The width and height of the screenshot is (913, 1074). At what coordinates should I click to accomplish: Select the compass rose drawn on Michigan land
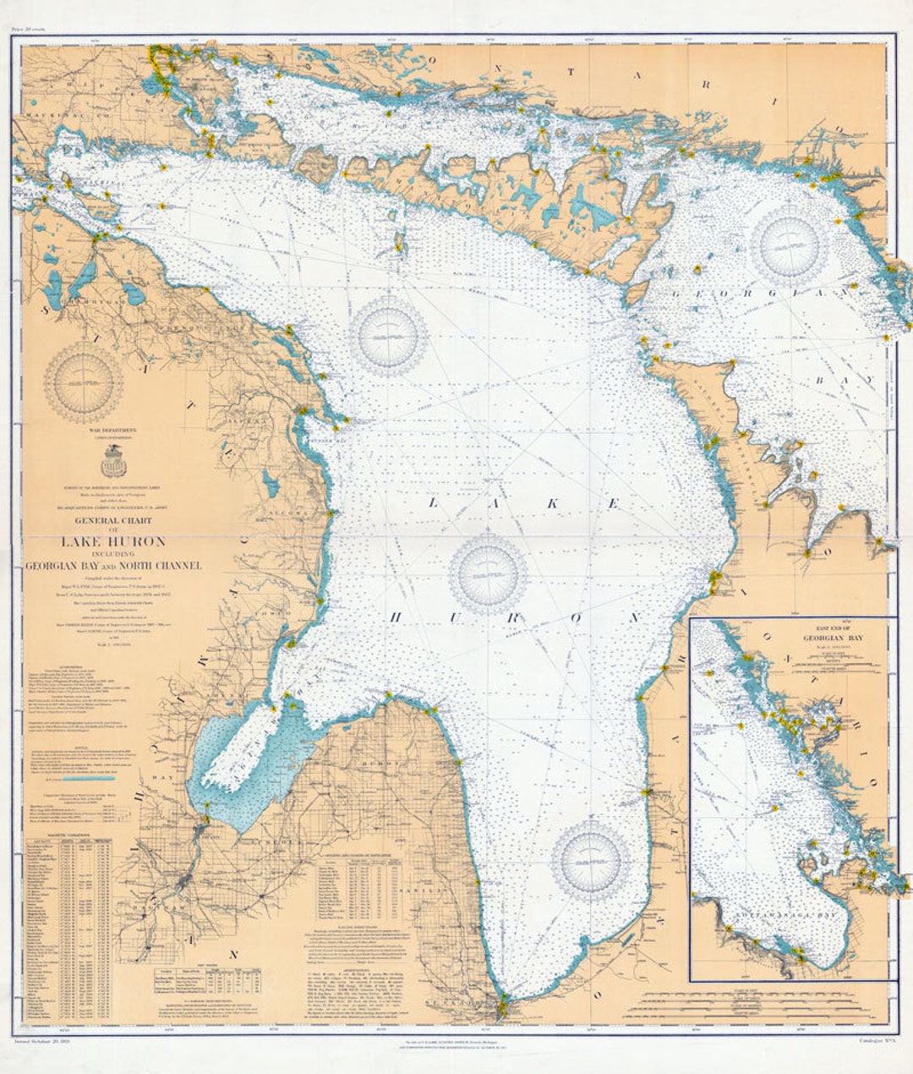(x=83, y=382)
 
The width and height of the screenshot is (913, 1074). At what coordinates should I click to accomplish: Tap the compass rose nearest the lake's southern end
(x=591, y=859)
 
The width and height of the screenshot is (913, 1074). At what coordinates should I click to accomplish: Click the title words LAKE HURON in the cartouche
(x=112, y=541)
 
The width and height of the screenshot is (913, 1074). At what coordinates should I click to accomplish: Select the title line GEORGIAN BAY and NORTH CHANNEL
(x=112, y=566)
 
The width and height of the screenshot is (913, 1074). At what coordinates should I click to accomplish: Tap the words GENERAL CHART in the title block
(x=113, y=521)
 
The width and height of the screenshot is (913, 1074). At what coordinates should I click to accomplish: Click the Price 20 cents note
(x=28, y=30)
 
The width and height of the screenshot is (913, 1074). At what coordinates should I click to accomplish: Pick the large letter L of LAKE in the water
(x=435, y=502)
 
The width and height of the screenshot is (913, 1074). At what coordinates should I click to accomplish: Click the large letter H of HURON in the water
(x=395, y=617)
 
